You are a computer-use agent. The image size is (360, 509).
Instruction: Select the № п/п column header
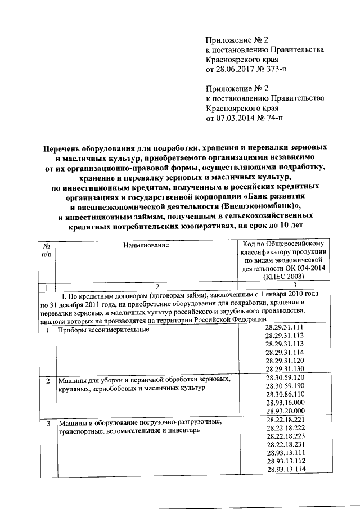click(46, 249)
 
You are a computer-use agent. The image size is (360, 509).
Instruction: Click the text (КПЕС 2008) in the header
click(283, 276)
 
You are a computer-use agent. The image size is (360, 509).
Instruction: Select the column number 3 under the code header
click(283, 286)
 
